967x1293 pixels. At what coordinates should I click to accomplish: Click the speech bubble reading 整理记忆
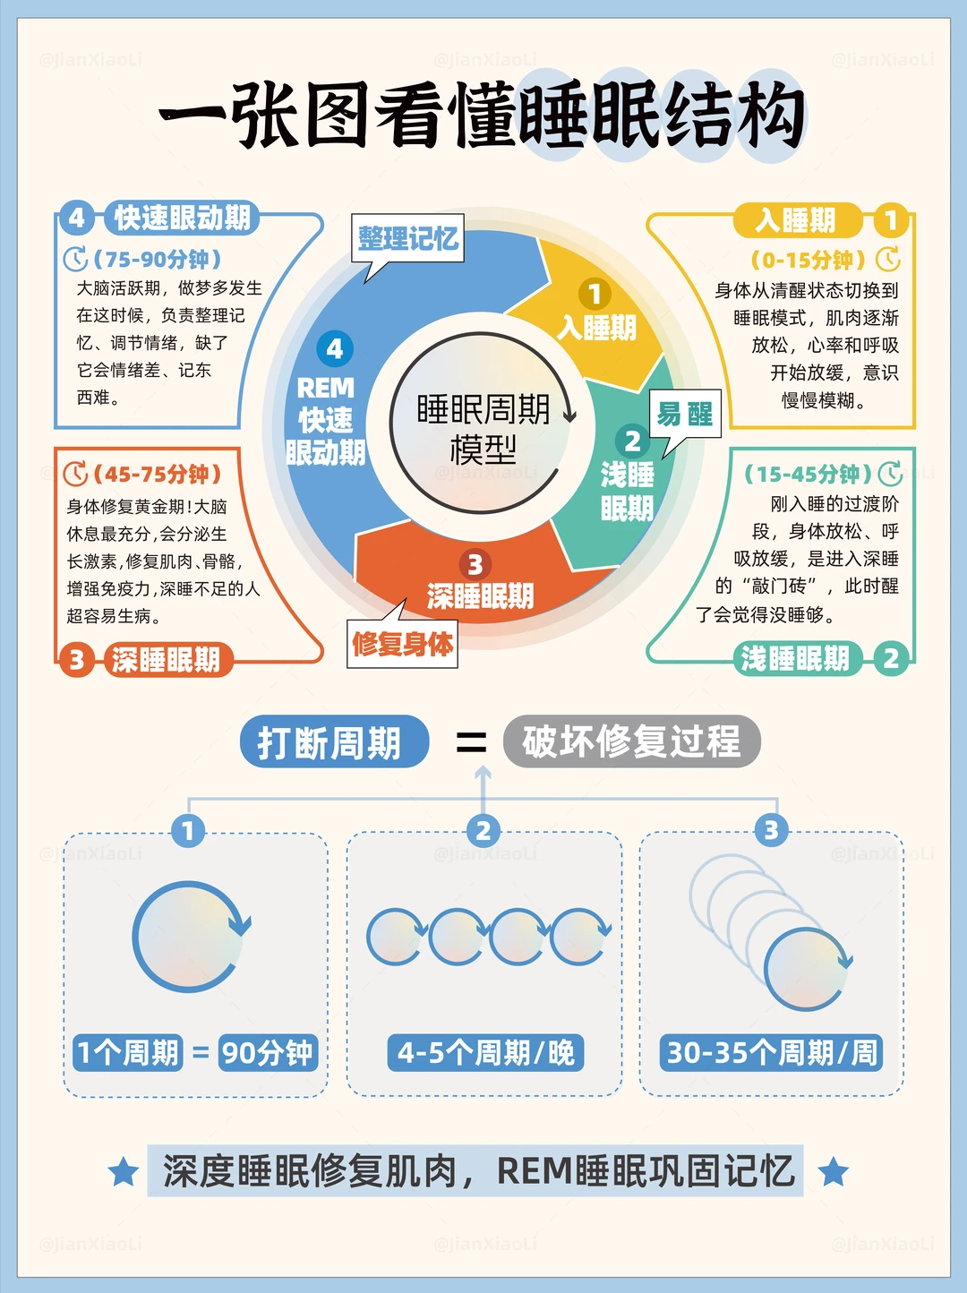click(x=408, y=238)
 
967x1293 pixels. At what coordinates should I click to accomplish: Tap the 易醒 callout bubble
click(x=685, y=414)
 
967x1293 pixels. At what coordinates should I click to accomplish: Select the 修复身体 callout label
click(x=403, y=644)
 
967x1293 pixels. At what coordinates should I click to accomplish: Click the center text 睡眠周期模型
click(x=483, y=429)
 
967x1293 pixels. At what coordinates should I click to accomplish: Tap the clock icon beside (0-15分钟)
click(x=888, y=260)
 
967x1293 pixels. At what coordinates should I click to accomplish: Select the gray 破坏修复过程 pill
click(x=631, y=741)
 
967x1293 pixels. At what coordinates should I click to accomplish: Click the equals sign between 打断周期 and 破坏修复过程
click(x=471, y=742)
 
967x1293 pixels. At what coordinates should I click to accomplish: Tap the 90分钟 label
click(x=268, y=1052)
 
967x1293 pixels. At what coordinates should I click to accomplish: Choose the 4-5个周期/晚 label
click(x=485, y=1052)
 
